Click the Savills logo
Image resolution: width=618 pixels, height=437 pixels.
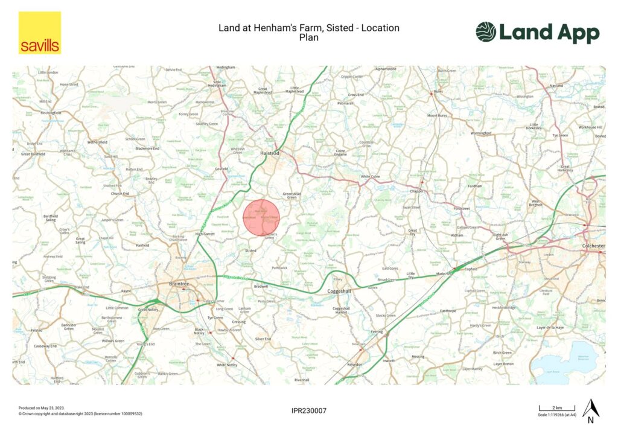(40, 33)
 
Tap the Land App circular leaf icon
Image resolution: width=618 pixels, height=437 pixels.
(485, 32)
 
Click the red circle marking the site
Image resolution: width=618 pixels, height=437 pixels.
(263, 218)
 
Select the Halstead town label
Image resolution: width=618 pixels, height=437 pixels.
(269, 153)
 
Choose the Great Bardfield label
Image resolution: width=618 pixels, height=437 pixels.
(34, 154)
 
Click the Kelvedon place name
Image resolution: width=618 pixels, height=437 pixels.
(355, 365)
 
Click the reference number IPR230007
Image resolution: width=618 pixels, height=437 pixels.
(308, 411)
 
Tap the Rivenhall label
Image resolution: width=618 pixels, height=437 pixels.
(302, 380)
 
